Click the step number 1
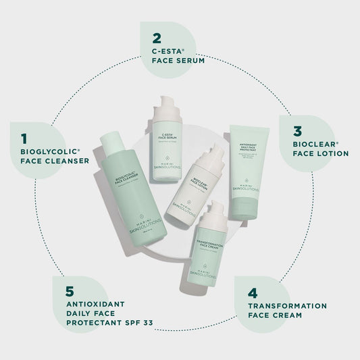point(24,138)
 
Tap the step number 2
point(157,38)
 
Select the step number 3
point(297,131)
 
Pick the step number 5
point(70,292)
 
